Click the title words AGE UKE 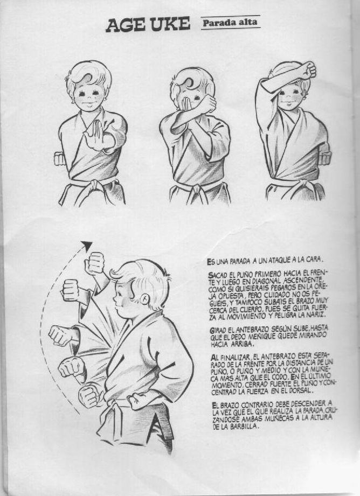pyautogui.click(x=148, y=25)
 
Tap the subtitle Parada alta pyautogui.click(x=230, y=23)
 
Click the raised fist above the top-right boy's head pyautogui.click(x=308, y=70)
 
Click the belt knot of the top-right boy pyautogui.click(x=303, y=185)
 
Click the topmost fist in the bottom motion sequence pyautogui.click(x=95, y=263)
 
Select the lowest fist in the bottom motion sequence pyautogui.click(x=89, y=395)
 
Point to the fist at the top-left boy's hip pyautogui.click(x=59, y=159)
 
